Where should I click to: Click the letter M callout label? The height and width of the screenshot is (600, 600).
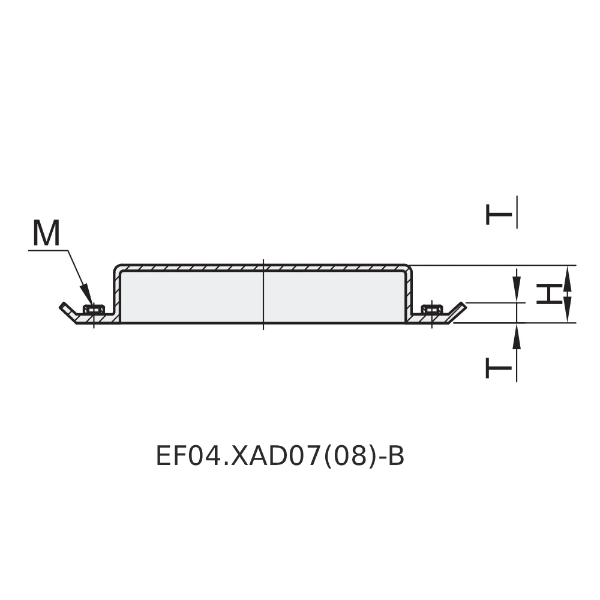click(x=46, y=233)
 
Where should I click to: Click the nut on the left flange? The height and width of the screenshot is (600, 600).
click(x=93, y=310)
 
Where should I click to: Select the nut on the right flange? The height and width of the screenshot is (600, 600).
click(x=431, y=310)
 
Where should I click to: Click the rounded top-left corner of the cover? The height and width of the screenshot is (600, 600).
click(x=117, y=268)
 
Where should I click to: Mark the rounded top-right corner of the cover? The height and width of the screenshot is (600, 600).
click(x=409, y=268)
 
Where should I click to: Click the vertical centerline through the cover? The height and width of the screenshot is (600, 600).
click(x=263, y=294)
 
